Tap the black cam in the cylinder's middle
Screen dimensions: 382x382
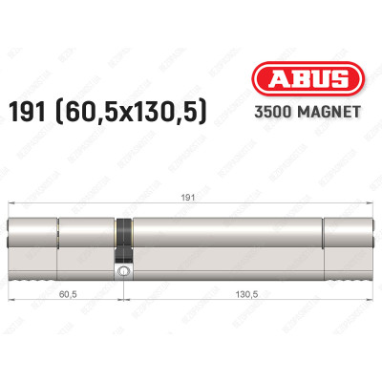[x=122, y=239]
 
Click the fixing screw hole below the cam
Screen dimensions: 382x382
[x=122, y=272]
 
